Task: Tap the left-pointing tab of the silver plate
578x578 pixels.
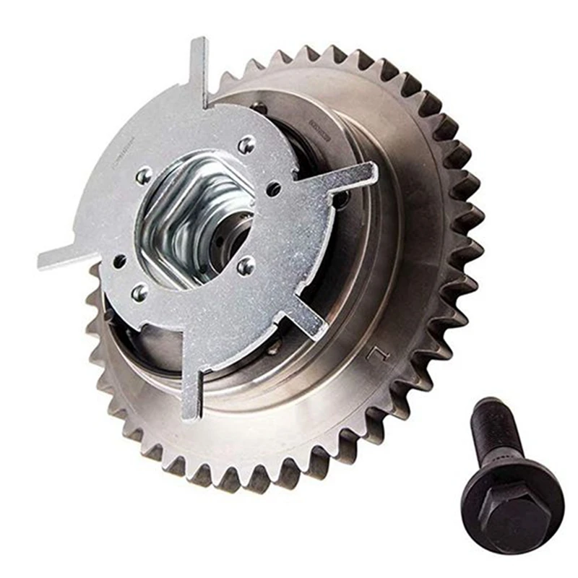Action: click(x=61, y=256)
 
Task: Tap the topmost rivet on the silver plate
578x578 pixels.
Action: click(x=246, y=144)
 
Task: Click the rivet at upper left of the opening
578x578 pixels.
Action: click(x=144, y=174)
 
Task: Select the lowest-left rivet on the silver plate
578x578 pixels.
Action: click(x=139, y=292)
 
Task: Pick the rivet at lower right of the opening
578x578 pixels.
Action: click(x=246, y=265)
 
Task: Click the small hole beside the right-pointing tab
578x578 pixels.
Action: click(x=275, y=190)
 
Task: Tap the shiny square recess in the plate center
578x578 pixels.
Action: click(x=195, y=217)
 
